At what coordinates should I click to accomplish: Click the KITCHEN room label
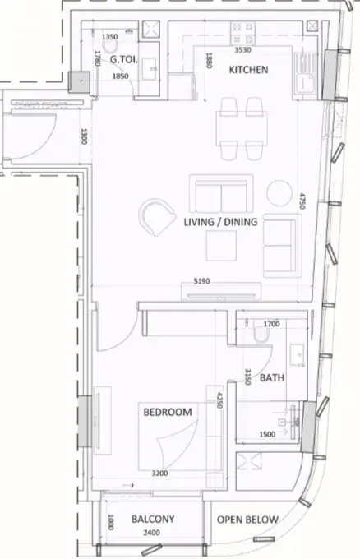coord(248,70)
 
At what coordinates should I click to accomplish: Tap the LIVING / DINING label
coord(220,222)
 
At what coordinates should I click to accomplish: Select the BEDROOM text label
coord(168,412)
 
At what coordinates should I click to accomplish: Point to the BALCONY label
coord(153,519)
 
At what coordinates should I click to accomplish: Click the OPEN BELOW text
coord(247,520)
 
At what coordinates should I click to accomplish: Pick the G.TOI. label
coord(123,59)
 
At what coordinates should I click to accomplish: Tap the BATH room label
coord(272,377)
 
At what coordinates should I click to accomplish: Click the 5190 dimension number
coord(201,281)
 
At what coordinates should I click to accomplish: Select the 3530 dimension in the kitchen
coord(242,50)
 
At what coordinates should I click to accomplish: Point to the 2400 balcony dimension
coord(151,533)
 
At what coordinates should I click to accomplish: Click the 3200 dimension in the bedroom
coord(159,474)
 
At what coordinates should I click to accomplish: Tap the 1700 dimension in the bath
coord(271,324)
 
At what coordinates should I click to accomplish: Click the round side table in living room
coord(279,193)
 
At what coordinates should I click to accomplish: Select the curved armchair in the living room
coord(157,217)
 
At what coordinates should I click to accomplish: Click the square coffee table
coord(221,246)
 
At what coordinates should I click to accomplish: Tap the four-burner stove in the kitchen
coord(242,33)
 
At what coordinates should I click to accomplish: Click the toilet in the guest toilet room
coord(110,47)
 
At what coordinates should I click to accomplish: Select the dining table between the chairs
coord(242,128)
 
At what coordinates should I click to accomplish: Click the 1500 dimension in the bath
coord(267,434)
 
